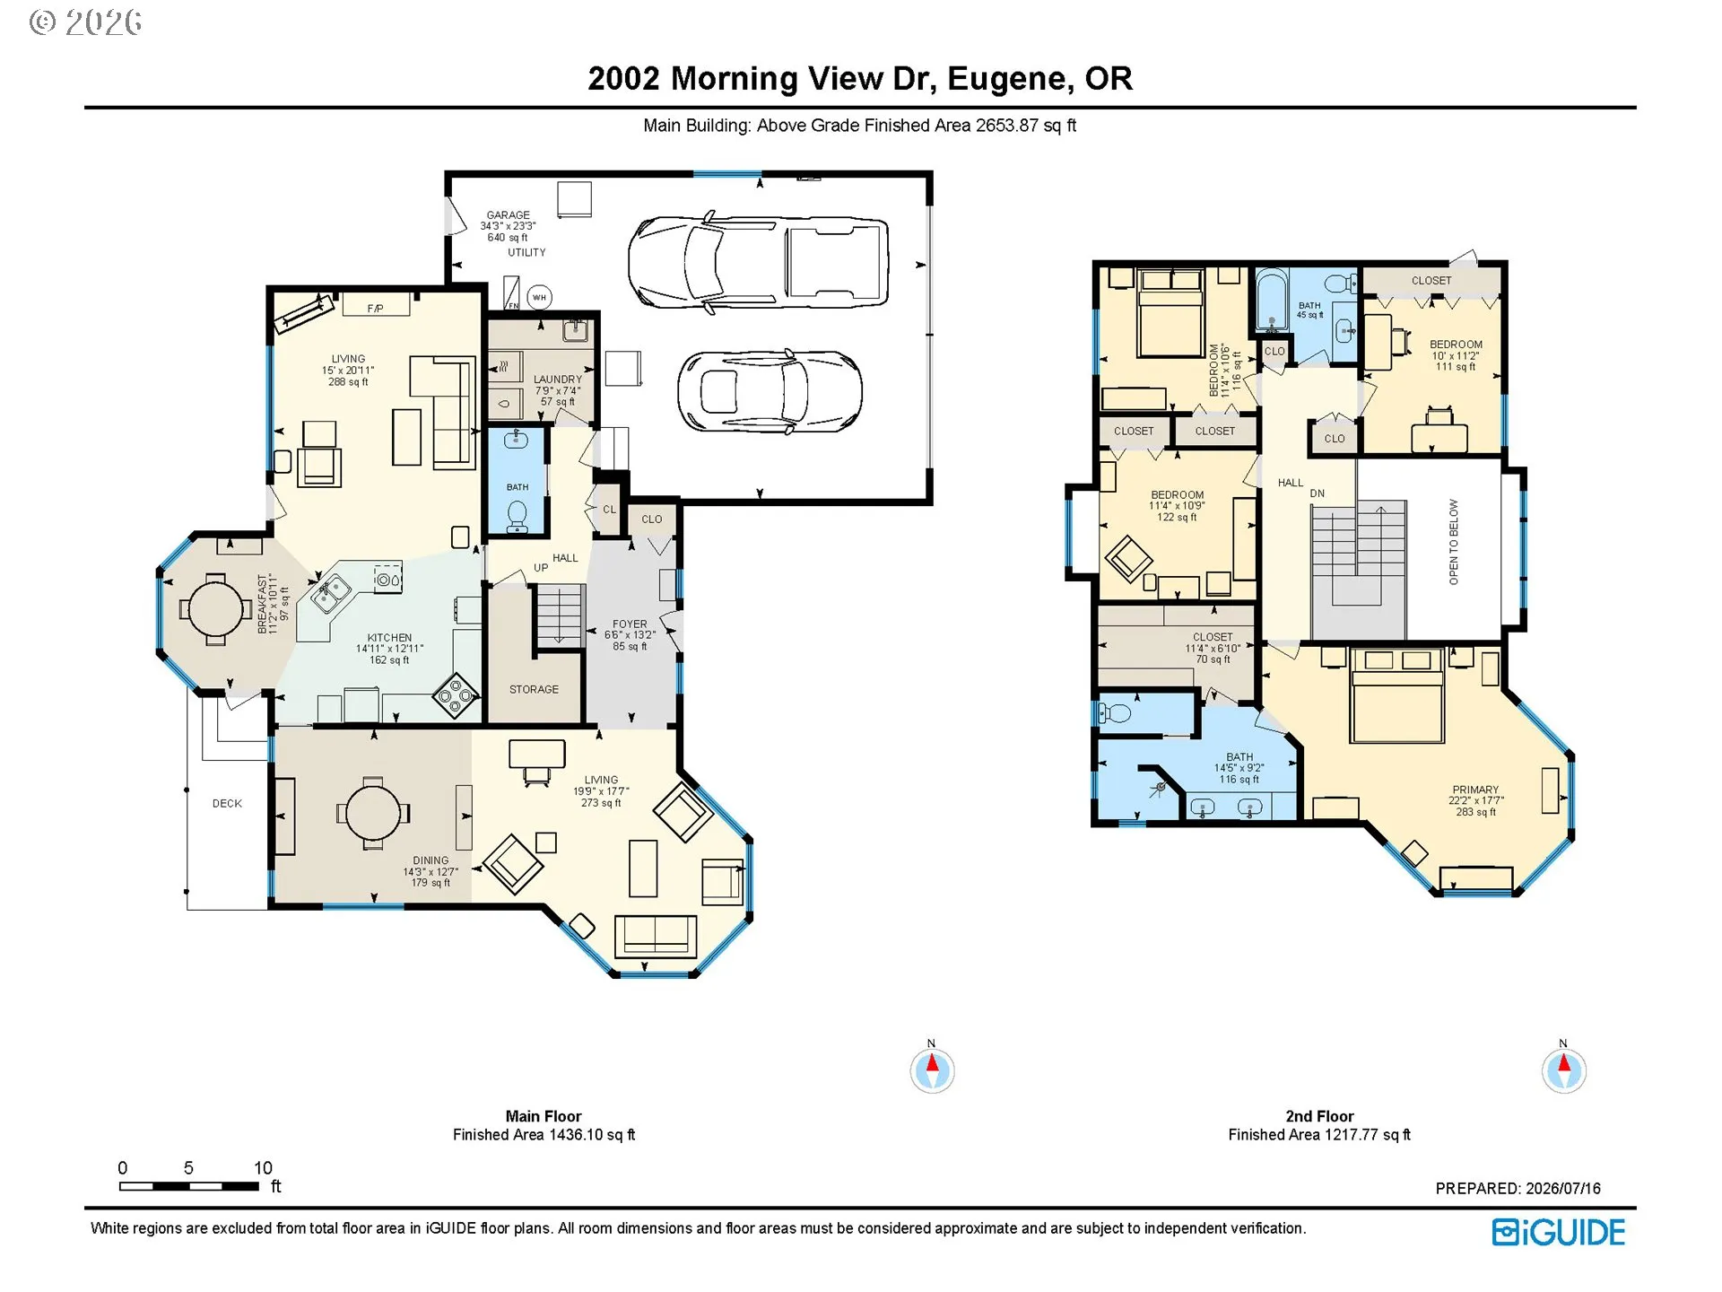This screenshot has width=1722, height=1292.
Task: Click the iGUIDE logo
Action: pos(1558,1232)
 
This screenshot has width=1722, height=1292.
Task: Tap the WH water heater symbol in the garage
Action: pos(539,297)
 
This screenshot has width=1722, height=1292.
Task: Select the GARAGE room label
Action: pos(508,215)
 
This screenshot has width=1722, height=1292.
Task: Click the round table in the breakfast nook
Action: pos(215,609)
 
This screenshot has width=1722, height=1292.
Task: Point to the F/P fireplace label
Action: pos(375,309)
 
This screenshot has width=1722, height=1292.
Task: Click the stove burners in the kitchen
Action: pos(457,695)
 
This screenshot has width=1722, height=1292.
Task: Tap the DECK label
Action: pos(227,804)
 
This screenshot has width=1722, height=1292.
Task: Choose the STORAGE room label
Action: pos(534,689)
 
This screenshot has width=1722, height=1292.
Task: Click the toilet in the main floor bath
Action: pos(517,516)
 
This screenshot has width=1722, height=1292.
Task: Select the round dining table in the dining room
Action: pos(373,813)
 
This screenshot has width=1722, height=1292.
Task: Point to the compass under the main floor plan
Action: pos(932,1069)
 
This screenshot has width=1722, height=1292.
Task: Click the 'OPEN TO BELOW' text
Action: pos(1454,542)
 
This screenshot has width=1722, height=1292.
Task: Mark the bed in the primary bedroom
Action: pos(1397,696)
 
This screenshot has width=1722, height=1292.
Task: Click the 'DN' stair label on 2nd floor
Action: pos(1317,493)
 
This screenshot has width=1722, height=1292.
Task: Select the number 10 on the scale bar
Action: pos(263,1167)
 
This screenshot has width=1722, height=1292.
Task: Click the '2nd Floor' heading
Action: pos(1319,1116)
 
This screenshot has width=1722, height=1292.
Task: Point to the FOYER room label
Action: pos(630,624)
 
